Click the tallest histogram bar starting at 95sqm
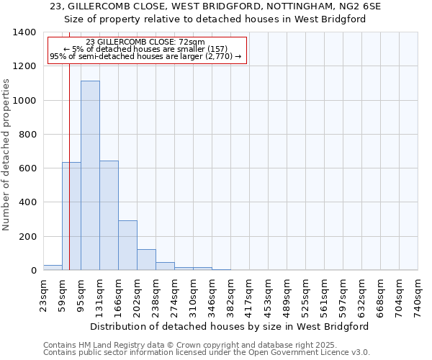tap(90, 176)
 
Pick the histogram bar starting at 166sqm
tap(127, 245)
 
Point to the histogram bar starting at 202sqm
tap(146, 259)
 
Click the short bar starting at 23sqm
tap(53, 267)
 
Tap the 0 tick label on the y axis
tap(33, 271)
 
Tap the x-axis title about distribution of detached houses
tap(230, 326)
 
